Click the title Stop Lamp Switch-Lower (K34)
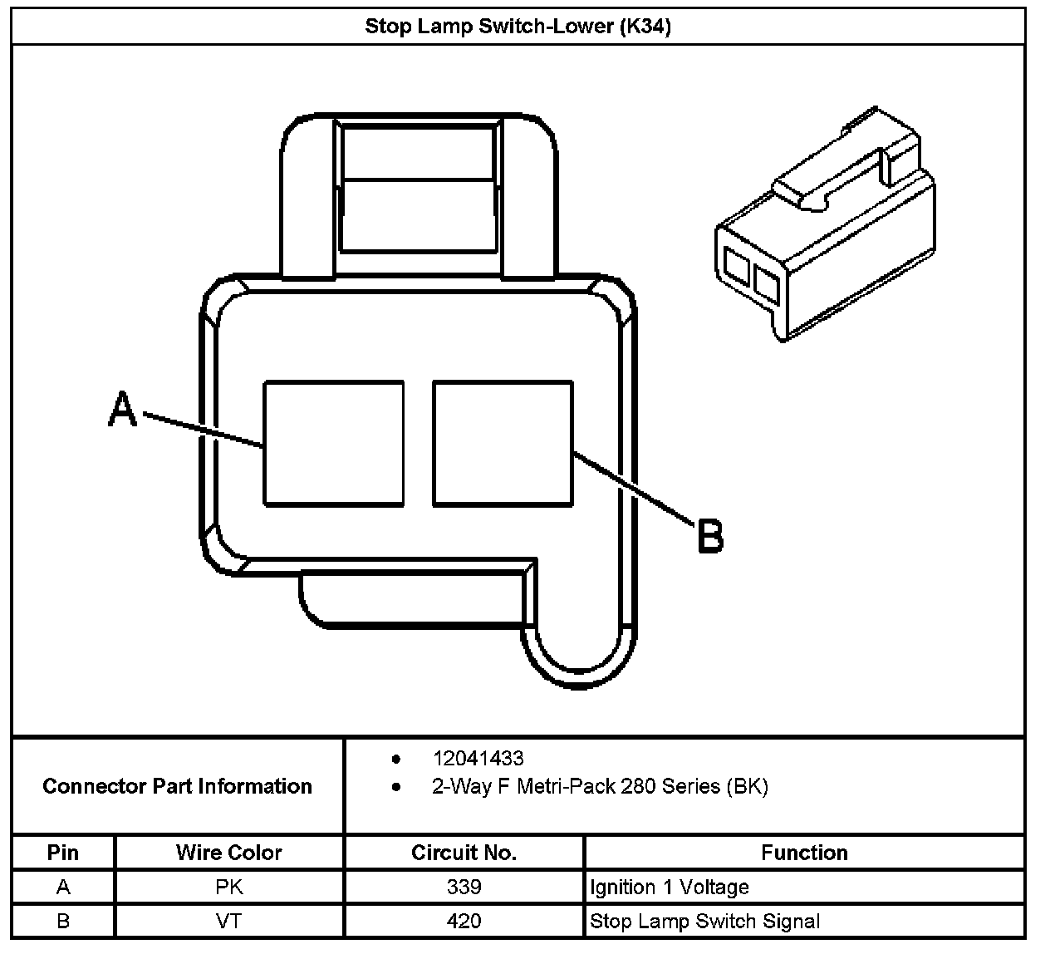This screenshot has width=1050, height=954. pyautogui.click(x=518, y=26)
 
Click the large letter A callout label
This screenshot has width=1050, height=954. pyautogui.click(x=123, y=410)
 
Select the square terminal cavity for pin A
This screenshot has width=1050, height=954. pyautogui.click(x=334, y=443)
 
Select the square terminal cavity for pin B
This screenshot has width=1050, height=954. pyautogui.click(x=503, y=443)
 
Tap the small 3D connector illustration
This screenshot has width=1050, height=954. pyautogui.click(x=825, y=229)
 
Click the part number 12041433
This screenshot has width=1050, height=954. pyautogui.click(x=478, y=758)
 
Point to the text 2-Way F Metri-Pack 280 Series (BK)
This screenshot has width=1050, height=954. pyautogui.click(x=600, y=786)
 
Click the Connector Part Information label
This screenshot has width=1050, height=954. pyautogui.click(x=177, y=786)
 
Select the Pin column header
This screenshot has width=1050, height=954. pyautogui.click(x=63, y=853)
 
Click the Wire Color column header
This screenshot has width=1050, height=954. pyautogui.click(x=228, y=853)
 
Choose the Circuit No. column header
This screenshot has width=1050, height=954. pyautogui.click(x=464, y=853)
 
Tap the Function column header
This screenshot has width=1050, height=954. pyautogui.click(x=803, y=853)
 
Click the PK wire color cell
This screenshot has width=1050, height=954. pyautogui.click(x=228, y=887)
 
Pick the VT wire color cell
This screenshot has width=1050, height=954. pyautogui.click(x=228, y=921)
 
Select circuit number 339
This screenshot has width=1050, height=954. pyautogui.click(x=464, y=887)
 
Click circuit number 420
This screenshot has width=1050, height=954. pyautogui.click(x=464, y=921)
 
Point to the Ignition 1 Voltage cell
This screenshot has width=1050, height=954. pyautogui.click(x=670, y=887)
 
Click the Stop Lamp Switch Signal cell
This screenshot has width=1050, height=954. pyautogui.click(x=704, y=921)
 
